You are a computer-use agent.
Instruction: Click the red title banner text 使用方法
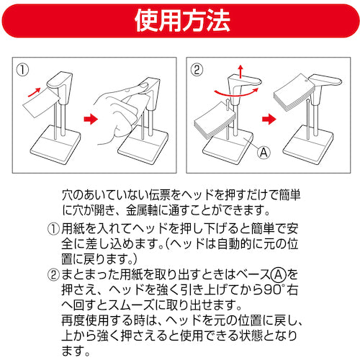[x=180, y=21]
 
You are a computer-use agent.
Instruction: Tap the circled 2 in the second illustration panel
[x=197, y=71]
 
